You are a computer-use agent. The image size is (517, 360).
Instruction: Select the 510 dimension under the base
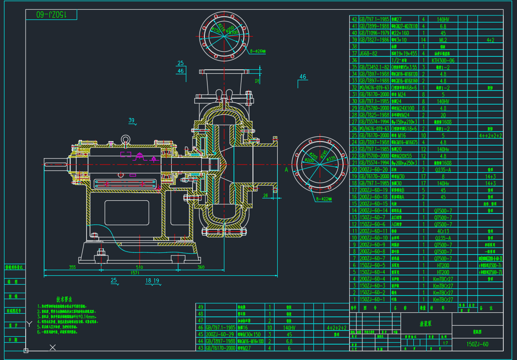pos(140,267)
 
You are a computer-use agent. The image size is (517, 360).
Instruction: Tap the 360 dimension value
pos(201,267)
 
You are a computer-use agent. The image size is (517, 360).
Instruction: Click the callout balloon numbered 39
pos(131,120)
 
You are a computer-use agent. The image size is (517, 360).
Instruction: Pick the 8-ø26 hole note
pos(258,51)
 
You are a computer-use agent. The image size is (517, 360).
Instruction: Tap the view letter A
pos(286,169)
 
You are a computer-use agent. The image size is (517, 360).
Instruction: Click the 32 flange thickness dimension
pos(257,81)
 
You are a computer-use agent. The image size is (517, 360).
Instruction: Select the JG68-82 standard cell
pos(369,53)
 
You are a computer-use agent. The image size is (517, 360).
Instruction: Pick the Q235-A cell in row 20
pos(442,169)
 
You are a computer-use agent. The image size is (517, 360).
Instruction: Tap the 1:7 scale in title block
pos(445,342)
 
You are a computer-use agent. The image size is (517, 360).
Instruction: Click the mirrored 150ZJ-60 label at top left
pos(51,15)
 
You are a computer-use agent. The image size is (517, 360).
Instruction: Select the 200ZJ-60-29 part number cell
pos(221,334)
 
